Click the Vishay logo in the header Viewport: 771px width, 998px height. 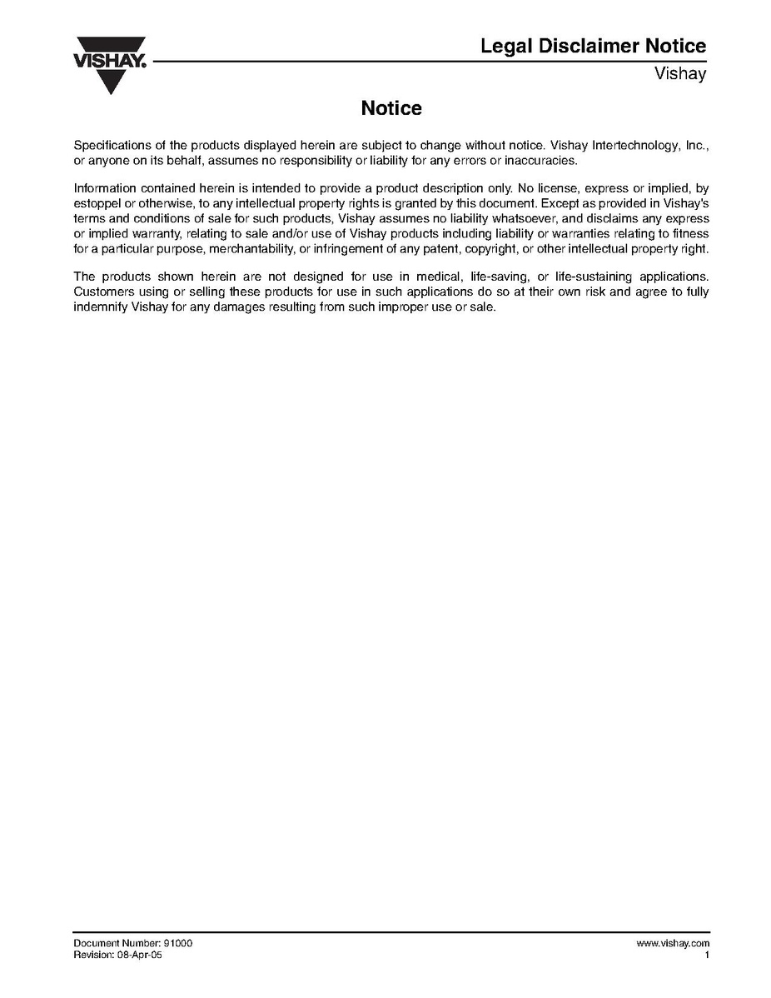click(x=110, y=62)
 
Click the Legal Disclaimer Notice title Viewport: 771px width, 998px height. click(x=593, y=47)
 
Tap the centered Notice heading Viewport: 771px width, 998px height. click(x=391, y=108)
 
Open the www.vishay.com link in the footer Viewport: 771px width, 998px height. click(x=672, y=943)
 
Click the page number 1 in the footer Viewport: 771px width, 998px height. click(x=706, y=955)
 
